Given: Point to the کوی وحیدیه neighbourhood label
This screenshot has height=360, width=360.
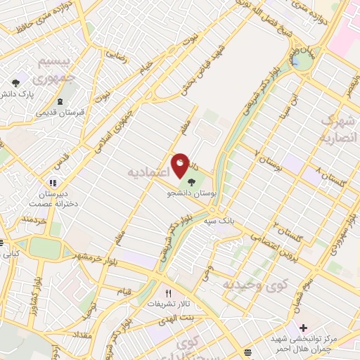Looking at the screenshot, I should point(256,285).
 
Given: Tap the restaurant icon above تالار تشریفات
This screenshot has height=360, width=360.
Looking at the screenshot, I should point(167,294).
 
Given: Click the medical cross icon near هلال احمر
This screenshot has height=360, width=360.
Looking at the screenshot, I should point(303,328).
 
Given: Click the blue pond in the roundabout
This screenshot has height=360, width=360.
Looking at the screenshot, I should point(303,62).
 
